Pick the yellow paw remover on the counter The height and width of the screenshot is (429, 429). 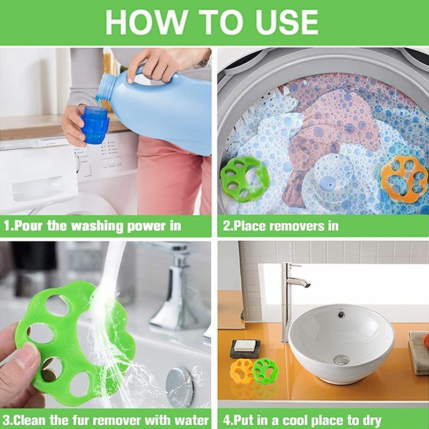[242, 371]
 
